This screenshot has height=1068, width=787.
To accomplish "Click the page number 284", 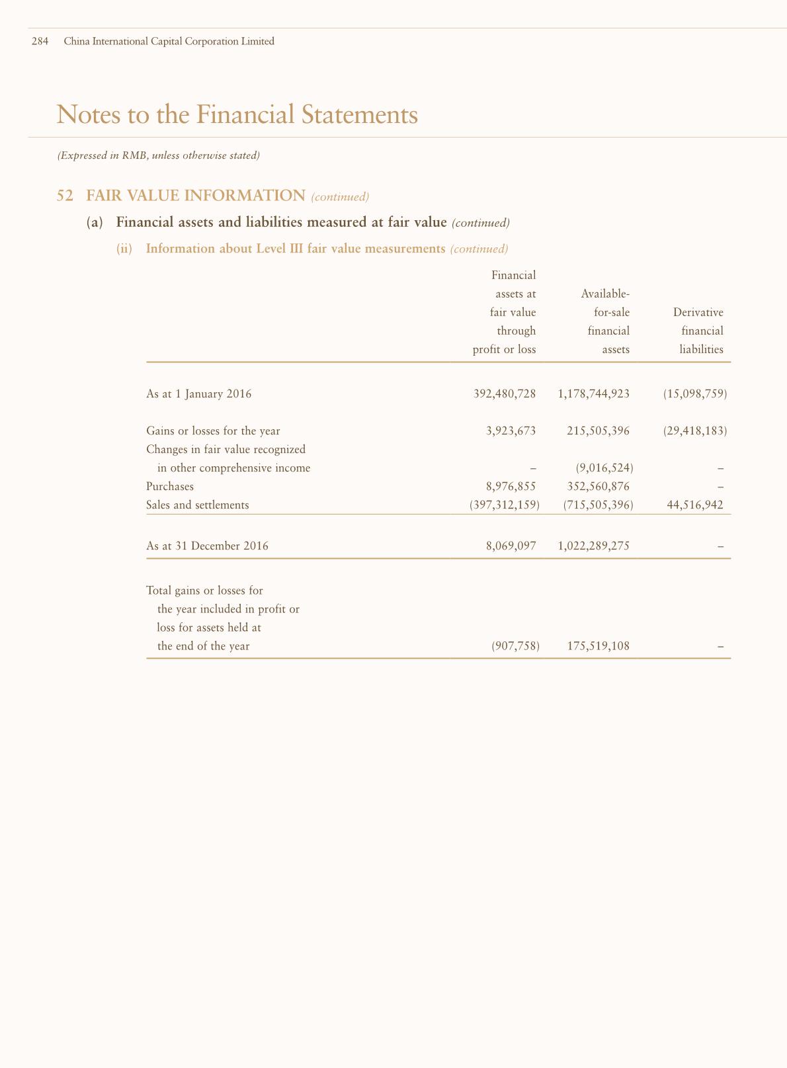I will (x=40, y=41).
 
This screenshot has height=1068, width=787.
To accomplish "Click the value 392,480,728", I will (x=505, y=394).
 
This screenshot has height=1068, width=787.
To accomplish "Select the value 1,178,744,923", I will (x=594, y=394).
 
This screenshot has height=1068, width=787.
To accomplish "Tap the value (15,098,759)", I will (x=695, y=394).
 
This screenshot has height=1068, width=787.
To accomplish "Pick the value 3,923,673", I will (x=511, y=431).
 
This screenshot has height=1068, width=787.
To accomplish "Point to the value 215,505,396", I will (x=598, y=431).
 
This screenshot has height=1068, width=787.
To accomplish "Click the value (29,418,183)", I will (x=695, y=431).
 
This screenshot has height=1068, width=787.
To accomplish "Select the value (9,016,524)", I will (x=604, y=468).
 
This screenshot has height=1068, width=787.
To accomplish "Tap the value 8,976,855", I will (x=511, y=487).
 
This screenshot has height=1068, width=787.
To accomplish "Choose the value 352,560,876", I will (x=598, y=487).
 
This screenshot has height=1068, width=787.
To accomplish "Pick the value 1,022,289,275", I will (x=594, y=546).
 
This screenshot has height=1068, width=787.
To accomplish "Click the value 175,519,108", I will (x=598, y=646).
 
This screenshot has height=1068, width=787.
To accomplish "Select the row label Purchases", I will (x=170, y=487).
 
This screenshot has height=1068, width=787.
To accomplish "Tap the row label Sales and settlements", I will (x=198, y=505).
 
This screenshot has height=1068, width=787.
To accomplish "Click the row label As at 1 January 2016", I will (x=198, y=394).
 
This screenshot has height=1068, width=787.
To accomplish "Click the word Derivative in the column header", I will (x=698, y=312).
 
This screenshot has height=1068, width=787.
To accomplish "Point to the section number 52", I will (x=64, y=196).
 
